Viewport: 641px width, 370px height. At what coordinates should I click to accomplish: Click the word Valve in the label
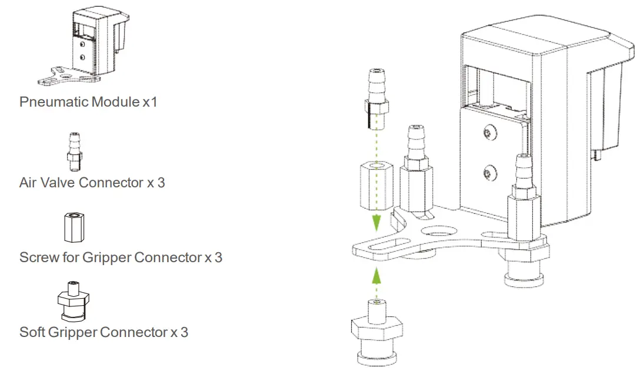tap(59, 183)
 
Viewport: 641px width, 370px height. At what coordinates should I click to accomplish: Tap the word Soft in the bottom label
tap(32, 332)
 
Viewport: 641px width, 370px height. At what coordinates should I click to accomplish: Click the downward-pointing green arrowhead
tap(376, 223)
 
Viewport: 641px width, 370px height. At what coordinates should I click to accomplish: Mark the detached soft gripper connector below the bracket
tap(376, 333)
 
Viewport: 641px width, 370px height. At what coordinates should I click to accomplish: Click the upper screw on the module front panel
tap(489, 134)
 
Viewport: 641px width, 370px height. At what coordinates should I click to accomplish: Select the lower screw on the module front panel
tap(489, 173)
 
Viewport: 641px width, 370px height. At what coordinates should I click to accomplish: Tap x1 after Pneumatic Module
tap(150, 102)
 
